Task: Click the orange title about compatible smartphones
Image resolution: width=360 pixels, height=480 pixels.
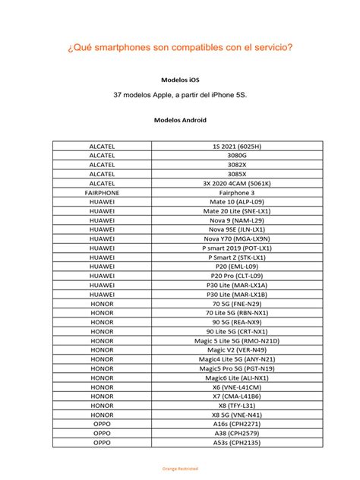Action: [180, 47]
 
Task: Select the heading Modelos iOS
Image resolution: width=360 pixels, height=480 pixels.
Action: [180, 79]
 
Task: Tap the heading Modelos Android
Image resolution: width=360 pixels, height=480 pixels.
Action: [180, 120]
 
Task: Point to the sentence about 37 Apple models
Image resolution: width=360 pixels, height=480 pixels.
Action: [180, 96]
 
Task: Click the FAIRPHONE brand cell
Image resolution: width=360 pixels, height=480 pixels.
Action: [102, 193]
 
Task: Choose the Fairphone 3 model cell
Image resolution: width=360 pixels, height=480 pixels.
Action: [237, 193]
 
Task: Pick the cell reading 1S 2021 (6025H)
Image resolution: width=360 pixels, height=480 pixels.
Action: [237, 146]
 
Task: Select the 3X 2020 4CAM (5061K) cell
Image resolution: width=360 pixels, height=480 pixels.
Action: [237, 183]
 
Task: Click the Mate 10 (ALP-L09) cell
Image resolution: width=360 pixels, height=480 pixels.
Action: [237, 202]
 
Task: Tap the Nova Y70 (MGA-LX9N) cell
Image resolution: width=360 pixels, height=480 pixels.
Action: [237, 238]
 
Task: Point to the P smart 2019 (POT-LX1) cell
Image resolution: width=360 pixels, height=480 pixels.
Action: [237, 248]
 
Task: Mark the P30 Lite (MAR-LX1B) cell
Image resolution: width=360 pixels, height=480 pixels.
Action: [237, 294]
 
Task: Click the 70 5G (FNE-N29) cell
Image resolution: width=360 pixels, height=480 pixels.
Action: [237, 303]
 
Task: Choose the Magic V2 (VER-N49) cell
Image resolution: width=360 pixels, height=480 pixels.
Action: [237, 349]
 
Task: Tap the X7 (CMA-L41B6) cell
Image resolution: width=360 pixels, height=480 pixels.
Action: [237, 396]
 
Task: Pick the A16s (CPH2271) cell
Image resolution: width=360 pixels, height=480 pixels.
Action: [237, 423]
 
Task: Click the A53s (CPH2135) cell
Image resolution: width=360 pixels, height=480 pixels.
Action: [237, 442]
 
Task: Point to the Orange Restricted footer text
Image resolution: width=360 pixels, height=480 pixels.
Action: [180, 469]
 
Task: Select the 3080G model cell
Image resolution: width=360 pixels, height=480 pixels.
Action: [237, 155]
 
